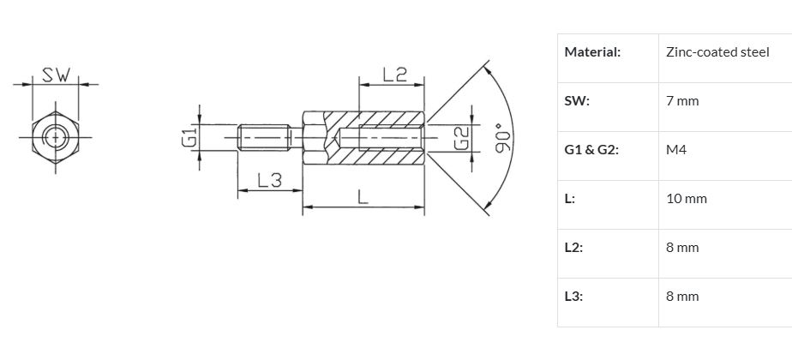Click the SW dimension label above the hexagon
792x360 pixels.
point(56,75)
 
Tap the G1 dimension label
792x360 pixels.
point(189,137)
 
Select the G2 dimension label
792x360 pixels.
point(462,138)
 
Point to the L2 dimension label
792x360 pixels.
point(395,75)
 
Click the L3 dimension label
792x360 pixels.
point(270,180)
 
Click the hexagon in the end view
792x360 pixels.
point(56,137)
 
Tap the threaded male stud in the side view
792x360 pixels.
point(264,137)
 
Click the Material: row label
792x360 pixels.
point(592,52)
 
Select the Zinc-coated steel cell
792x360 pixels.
point(717,52)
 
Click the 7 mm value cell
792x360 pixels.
point(682,101)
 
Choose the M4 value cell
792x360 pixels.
point(676,150)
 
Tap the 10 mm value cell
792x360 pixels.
point(687,199)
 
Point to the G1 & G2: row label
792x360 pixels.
point(591,150)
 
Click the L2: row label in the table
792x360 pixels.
point(573,248)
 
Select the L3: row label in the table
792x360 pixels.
point(573,297)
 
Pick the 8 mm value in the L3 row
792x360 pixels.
point(682,297)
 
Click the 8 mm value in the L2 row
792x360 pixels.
point(682,248)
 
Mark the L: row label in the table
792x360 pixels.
point(570,199)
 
